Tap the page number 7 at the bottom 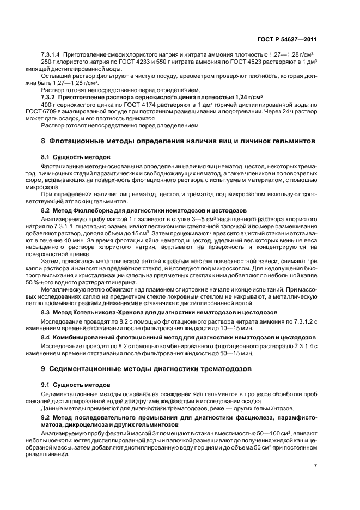point(316,466)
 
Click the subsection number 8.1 point(46,156)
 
